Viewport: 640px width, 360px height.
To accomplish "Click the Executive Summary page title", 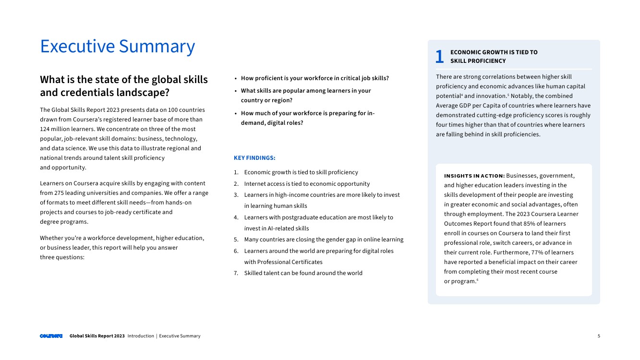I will [118, 47].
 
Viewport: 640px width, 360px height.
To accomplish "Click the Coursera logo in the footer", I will [51, 336].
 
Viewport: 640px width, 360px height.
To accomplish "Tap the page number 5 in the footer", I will [599, 336].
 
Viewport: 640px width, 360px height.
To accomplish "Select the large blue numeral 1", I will [439, 57].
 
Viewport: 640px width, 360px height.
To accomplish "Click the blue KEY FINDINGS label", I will [254, 158].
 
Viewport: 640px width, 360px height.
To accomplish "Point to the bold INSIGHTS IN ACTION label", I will [474, 176].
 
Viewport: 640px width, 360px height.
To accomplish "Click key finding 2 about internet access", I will [307, 184].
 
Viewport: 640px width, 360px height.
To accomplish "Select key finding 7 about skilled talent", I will [303, 273].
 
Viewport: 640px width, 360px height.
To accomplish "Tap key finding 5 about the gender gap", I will [324, 240].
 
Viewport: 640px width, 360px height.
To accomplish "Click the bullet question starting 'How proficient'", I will [314, 78].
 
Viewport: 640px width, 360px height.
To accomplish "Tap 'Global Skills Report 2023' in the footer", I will [97, 336].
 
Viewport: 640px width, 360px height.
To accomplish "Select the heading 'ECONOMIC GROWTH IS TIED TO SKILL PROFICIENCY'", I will [494, 57].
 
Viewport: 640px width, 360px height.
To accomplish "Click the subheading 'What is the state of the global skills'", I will [124, 80].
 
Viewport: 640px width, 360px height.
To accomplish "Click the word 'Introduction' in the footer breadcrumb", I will [141, 336].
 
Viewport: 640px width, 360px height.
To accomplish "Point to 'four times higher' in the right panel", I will [462, 125].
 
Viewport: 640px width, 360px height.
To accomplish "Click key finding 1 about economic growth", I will [301, 172].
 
